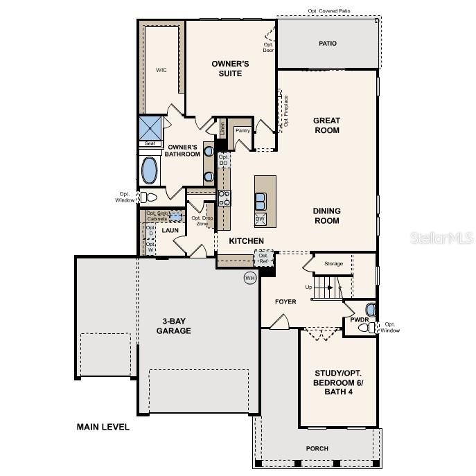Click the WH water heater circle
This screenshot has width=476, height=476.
tap(250, 278)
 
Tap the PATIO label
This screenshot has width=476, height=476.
tap(328, 44)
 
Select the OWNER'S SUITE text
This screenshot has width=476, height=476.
tap(230, 69)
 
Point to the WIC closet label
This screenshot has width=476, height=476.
tap(161, 70)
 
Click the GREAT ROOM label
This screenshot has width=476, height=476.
tap(326, 125)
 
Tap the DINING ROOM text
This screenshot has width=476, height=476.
tap(326, 215)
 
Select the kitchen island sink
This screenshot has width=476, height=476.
tap(261, 201)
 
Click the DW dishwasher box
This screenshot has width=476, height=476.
tap(261, 220)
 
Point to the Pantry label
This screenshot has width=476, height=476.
tap(243, 130)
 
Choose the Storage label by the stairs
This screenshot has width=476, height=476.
tap(334, 263)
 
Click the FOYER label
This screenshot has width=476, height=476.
tap(285, 301)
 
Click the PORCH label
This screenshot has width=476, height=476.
tap(317, 448)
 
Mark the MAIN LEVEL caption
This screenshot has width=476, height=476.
tap(103, 427)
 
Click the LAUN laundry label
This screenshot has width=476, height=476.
tap(170, 230)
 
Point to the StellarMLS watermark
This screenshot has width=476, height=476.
tap(441, 238)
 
